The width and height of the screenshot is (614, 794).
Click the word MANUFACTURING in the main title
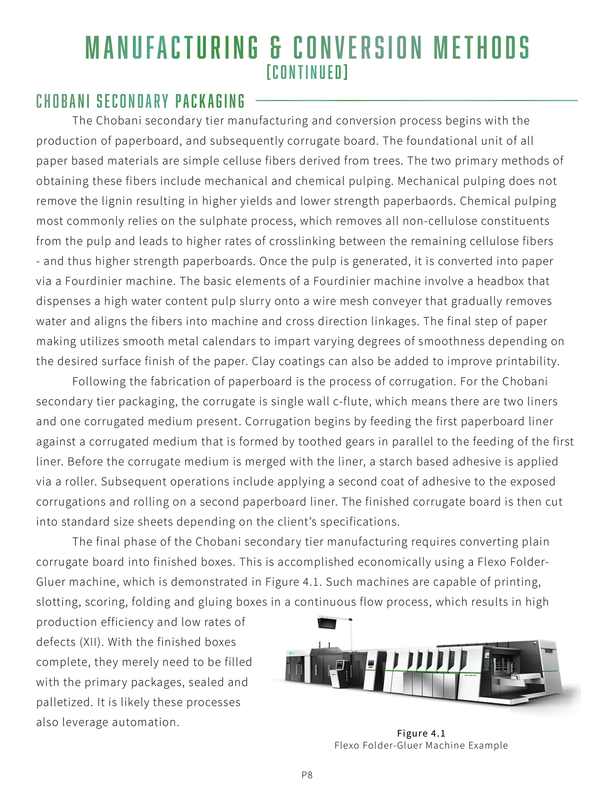[x=172, y=47]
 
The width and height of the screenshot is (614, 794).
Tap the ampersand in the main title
[x=276, y=47]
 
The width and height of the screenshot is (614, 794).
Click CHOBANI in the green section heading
[x=63, y=101]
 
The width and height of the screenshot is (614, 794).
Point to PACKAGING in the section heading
[x=210, y=101]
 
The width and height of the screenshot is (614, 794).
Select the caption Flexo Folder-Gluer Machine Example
[x=421, y=745]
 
